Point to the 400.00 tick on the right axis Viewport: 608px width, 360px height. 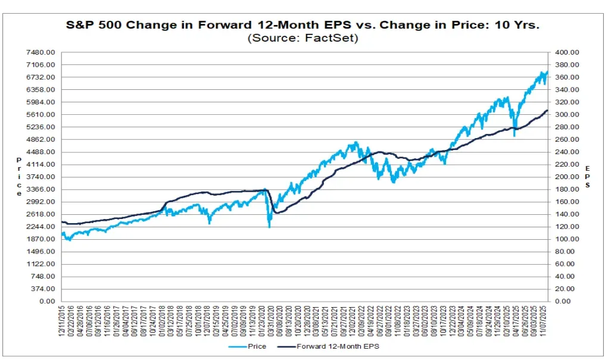568,52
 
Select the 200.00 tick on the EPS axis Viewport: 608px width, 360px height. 568,177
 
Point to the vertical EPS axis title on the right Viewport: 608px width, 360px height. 588,177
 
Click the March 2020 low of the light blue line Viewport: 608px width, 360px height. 269,227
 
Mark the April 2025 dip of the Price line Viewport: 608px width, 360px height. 514,136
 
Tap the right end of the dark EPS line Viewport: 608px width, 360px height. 547,111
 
